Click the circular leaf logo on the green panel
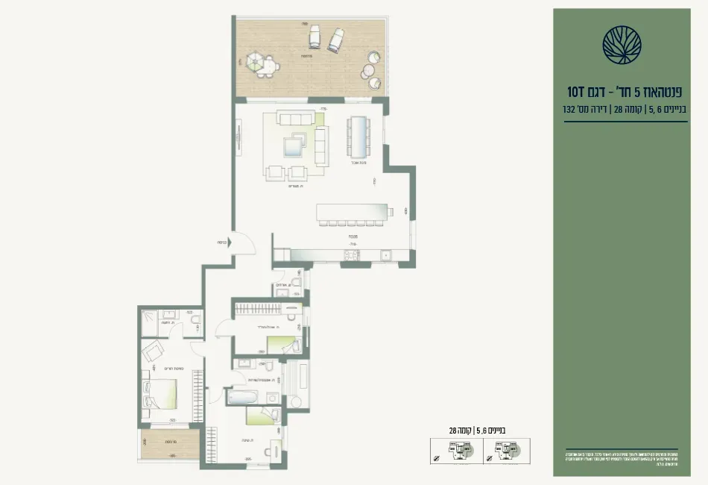tap(622, 44)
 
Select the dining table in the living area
tap(358, 138)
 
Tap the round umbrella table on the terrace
tap(263, 63)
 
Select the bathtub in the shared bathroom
tap(243, 395)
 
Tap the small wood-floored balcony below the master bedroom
tap(170, 445)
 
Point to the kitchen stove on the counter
tap(350, 255)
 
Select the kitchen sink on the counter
tap(385, 255)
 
